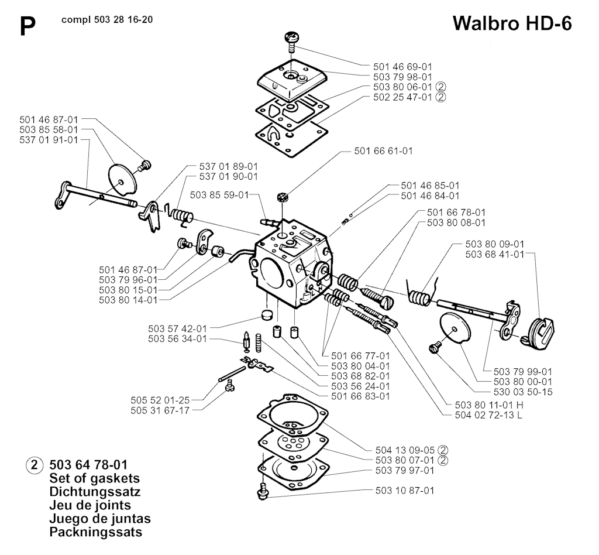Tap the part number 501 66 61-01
click(x=383, y=151)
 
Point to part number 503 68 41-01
click(x=494, y=254)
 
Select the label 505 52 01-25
click(x=160, y=400)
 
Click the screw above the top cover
click(x=291, y=39)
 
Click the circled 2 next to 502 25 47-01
click(x=441, y=97)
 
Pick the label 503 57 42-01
click(x=178, y=328)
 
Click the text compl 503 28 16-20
click(x=108, y=20)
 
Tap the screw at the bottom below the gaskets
click(x=263, y=490)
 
